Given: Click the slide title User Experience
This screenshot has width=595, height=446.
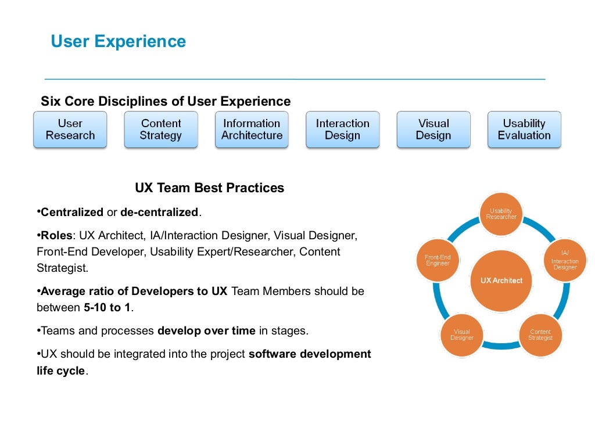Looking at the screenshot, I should pos(119,42).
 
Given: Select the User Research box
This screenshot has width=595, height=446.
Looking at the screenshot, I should pos(70,130).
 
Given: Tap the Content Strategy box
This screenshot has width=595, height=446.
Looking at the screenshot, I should pos(161,130).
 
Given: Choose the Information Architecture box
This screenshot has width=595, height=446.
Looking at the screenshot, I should pos(252,130).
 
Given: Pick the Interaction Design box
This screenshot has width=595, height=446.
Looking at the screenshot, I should pos(343,130).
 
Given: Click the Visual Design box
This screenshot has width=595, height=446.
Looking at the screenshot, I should pos(433,130).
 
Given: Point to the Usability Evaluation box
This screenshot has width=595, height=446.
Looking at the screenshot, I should pos(524,130).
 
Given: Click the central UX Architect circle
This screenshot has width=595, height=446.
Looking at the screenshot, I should pos(501,280).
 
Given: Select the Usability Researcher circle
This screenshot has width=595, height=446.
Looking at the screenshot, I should pos(501,214).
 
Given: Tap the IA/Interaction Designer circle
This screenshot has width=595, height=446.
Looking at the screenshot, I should pos(564,260).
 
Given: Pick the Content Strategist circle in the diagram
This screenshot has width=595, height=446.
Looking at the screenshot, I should pos(540,335).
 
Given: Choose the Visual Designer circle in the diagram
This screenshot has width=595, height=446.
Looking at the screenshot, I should pos(462,335).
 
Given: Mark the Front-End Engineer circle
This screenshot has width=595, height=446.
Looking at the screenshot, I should pos(438,260).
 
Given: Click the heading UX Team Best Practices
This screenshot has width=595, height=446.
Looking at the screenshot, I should pos(210,188).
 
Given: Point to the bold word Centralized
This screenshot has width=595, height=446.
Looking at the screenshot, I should pos(72,213).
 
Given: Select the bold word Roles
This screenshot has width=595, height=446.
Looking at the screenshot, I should pos(58,236).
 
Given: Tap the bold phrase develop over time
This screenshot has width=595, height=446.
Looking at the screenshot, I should pos(206,331).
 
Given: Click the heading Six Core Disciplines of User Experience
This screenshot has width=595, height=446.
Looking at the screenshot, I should pos(166,102).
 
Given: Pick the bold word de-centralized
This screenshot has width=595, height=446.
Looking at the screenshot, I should pos(159,213).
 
